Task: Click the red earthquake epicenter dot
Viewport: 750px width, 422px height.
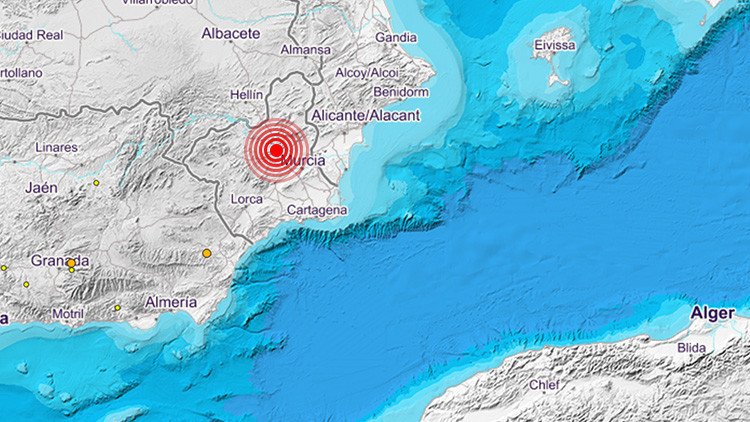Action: pos(275,151)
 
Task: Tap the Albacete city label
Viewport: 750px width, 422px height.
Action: pos(231,33)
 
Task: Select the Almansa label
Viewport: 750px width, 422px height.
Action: pos(305,49)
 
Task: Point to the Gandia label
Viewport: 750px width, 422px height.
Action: pos(396,38)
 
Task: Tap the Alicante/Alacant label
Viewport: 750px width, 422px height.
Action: pos(365,116)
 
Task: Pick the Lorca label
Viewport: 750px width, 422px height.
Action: pos(247,199)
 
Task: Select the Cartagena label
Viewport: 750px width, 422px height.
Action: pos(317,210)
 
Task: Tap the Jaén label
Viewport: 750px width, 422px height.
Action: pos(42,187)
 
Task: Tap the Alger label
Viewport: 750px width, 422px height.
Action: pos(713,314)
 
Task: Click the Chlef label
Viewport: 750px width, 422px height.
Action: pos(543,384)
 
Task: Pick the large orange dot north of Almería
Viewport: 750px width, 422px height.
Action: pos(207,253)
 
